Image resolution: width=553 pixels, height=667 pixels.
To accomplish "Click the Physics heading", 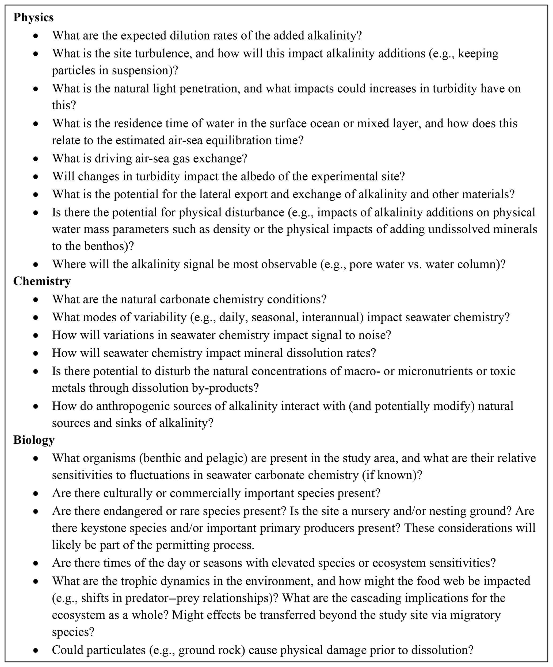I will tap(33, 17).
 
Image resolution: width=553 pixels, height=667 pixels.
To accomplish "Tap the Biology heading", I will tap(34, 440).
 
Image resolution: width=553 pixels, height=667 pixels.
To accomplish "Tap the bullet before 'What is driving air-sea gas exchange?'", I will tap(36, 159).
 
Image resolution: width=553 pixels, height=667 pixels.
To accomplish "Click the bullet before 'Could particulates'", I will tap(36, 650).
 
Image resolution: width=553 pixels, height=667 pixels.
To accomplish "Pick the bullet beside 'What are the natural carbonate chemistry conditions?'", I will tap(36, 299).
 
